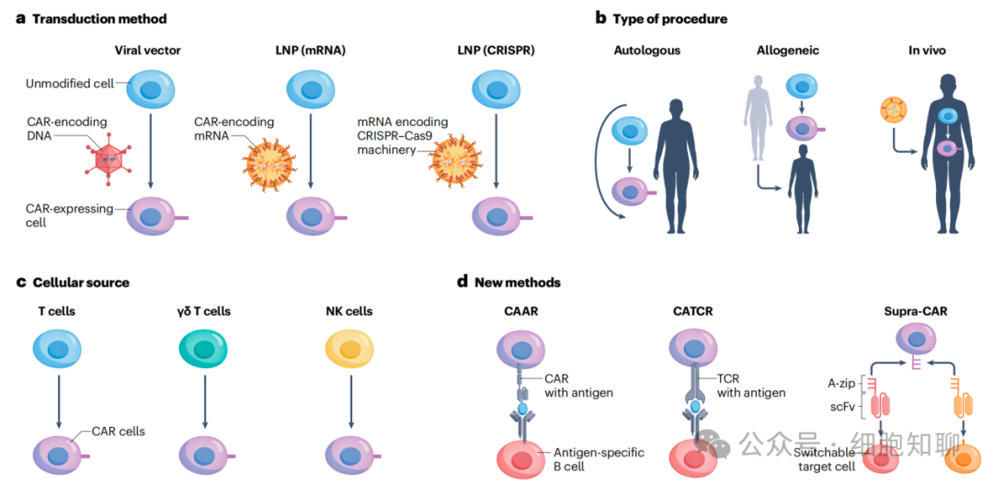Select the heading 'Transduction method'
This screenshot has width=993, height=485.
(x=99, y=18)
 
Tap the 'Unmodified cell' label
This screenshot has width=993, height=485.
(x=71, y=84)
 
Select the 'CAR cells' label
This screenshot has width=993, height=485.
(x=118, y=430)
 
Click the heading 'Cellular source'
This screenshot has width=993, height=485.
(x=81, y=282)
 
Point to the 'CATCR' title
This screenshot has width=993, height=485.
(x=693, y=311)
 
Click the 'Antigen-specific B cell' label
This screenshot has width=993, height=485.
(x=599, y=458)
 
